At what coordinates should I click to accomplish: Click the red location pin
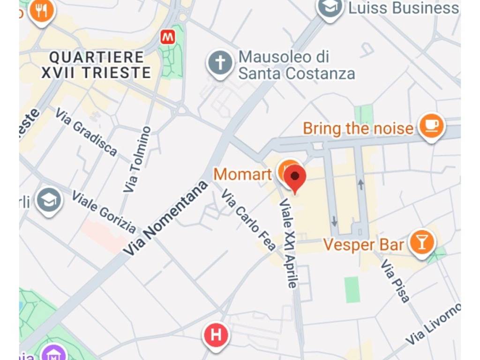coord(295,177)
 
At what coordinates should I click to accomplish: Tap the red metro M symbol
coord(167,37)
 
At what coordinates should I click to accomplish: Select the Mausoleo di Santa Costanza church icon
coord(220,63)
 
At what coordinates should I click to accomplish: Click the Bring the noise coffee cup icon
coord(431,125)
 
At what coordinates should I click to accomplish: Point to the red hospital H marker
coord(216,336)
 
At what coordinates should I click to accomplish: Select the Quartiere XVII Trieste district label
coord(96,65)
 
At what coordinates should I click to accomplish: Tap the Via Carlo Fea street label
coord(248,220)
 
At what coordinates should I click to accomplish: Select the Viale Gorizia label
coord(104,212)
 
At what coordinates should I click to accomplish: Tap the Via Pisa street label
coord(395,280)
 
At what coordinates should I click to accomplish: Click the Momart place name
coord(242,174)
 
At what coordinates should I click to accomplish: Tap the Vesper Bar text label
coord(364,245)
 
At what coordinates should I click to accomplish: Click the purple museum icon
coord(52,352)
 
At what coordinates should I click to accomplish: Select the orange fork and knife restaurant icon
coord(42,10)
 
